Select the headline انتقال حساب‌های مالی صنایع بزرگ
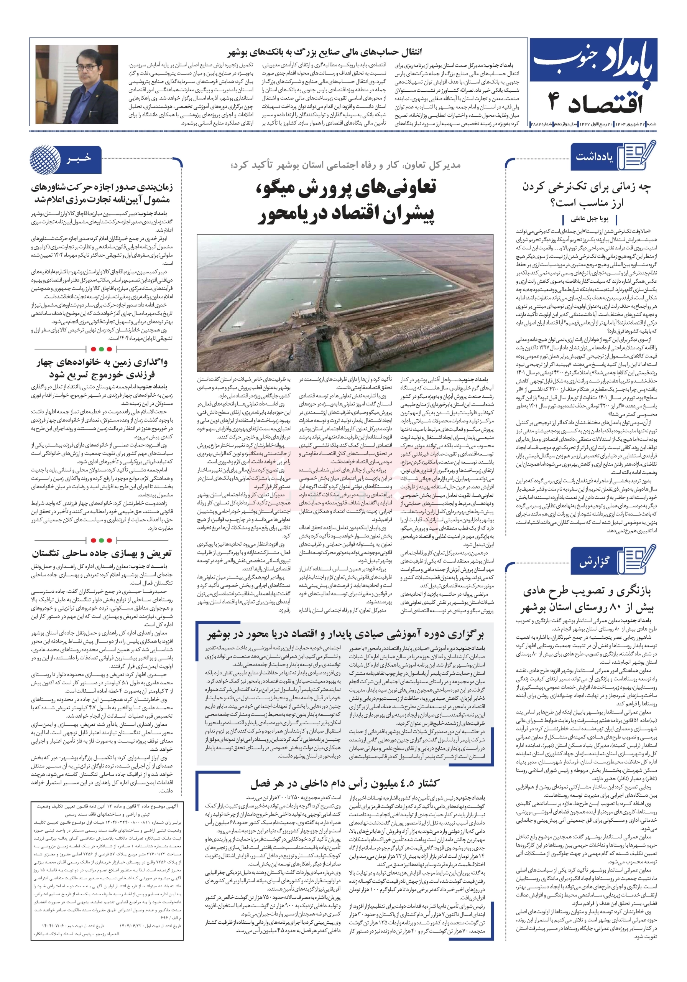(324, 52)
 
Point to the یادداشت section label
(594, 157)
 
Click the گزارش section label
(594, 562)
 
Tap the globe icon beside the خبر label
(45, 159)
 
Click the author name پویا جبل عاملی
(590, 219)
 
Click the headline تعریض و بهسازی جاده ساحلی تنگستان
(102, 554)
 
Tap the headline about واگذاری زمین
(102, 368)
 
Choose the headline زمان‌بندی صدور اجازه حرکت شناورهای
(102, 193)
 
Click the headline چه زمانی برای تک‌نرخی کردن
(587, 194)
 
